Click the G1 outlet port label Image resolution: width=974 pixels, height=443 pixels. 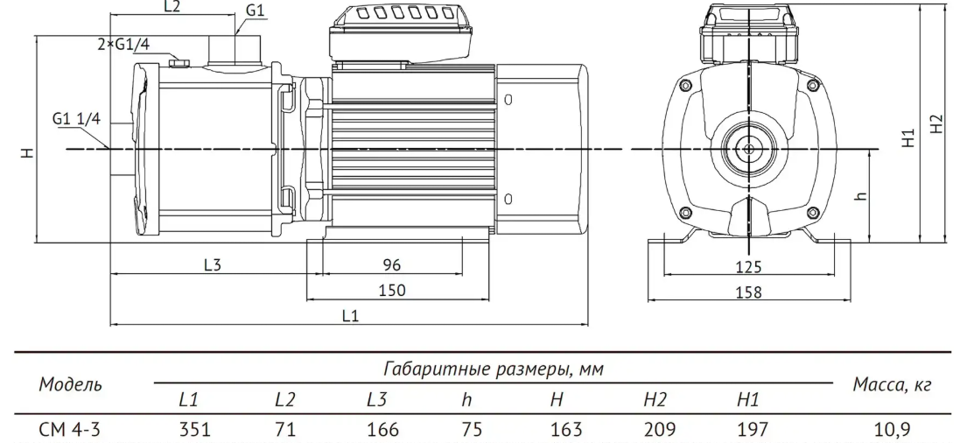(255, 10)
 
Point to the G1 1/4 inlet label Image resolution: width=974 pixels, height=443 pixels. (76, 119)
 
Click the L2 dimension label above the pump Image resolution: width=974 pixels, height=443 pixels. (172, 7)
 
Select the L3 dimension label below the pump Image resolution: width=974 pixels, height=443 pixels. (213, 264)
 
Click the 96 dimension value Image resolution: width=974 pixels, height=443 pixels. (391, 264)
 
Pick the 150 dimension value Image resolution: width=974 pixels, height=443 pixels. (392, 290)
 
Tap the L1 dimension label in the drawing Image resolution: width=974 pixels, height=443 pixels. (350, 316)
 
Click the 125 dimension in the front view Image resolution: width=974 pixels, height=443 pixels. (748, 267)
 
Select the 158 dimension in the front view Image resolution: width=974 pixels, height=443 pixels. (748, 292)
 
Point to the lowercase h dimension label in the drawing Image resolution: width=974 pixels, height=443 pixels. (860, 195)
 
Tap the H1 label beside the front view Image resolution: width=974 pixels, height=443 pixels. (908, 137)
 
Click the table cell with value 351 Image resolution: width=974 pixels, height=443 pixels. (196, 429)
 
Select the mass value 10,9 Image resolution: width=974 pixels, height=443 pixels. (893, 429)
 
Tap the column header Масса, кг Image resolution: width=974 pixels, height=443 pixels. (892, 385)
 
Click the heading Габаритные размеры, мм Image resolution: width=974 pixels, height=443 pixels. (494, 369)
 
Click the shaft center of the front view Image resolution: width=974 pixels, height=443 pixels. (748, 149)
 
